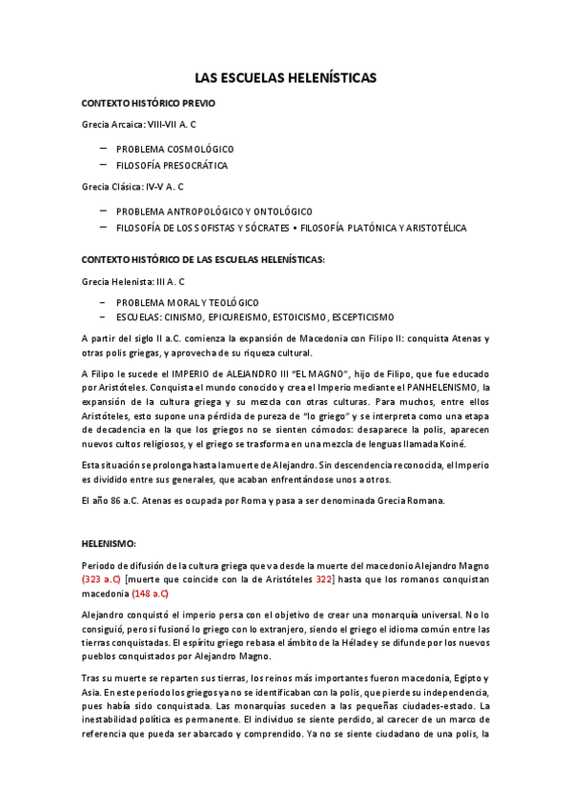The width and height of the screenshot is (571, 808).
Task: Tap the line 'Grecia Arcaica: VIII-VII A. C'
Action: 139,125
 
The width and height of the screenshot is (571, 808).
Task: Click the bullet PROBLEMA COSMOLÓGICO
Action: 174,150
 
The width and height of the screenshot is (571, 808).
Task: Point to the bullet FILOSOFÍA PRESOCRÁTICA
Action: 172,166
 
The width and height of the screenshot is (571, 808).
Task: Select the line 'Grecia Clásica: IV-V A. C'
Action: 133,188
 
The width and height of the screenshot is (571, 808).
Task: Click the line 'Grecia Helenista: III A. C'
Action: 133,283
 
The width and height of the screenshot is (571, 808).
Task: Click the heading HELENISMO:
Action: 109,542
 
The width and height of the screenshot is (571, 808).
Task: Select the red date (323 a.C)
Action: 102,579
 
